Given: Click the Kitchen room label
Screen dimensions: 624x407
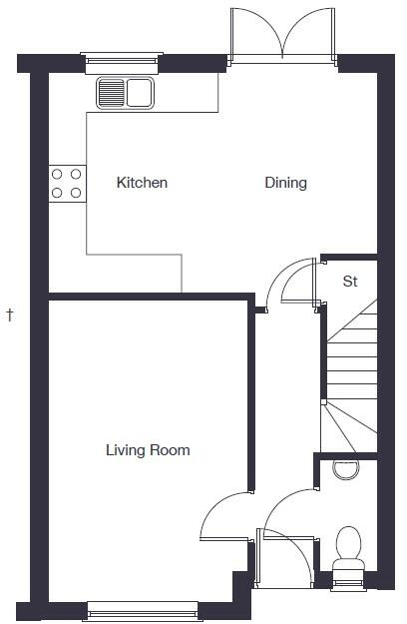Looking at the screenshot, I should point(142,183).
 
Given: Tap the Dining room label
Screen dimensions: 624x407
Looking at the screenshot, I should point(285,183).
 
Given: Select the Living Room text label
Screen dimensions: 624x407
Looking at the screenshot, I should point(148,450).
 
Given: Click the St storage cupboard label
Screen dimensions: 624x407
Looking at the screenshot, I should point(350,282).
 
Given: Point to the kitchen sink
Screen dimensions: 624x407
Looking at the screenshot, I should point(125,95).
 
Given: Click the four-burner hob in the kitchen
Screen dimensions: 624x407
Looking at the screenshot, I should point(67,183).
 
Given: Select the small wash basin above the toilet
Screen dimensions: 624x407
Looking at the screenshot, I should point(345,468).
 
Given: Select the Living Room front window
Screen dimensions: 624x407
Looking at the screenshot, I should point(142,609).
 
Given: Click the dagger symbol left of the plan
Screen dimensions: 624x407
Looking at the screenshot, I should point(10,315).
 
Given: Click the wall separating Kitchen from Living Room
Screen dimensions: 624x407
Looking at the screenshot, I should point(150,296).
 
